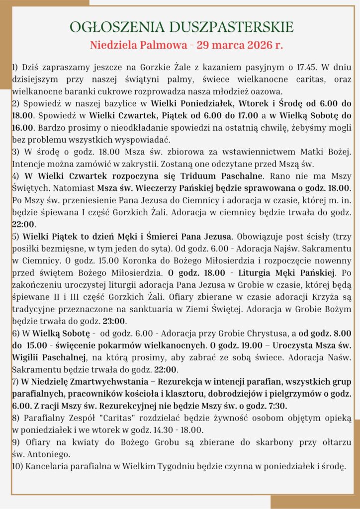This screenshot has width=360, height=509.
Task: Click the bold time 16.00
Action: point(21,128)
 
